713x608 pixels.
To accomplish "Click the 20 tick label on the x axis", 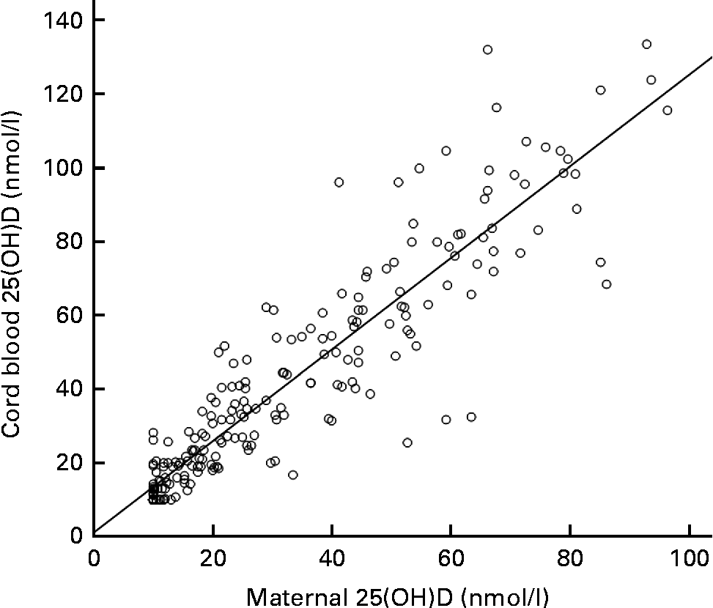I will (213, 557).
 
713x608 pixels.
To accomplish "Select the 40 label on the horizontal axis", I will (332, 557).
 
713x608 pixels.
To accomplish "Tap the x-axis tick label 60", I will (451, 557).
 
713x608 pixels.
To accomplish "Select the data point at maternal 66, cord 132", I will (487, 50).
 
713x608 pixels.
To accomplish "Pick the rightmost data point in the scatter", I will (667, 111).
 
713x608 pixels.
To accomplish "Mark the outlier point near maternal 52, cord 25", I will (407, 442).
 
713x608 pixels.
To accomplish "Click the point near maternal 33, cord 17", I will (292, 475).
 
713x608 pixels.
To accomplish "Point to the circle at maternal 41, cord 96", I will (339, 182).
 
